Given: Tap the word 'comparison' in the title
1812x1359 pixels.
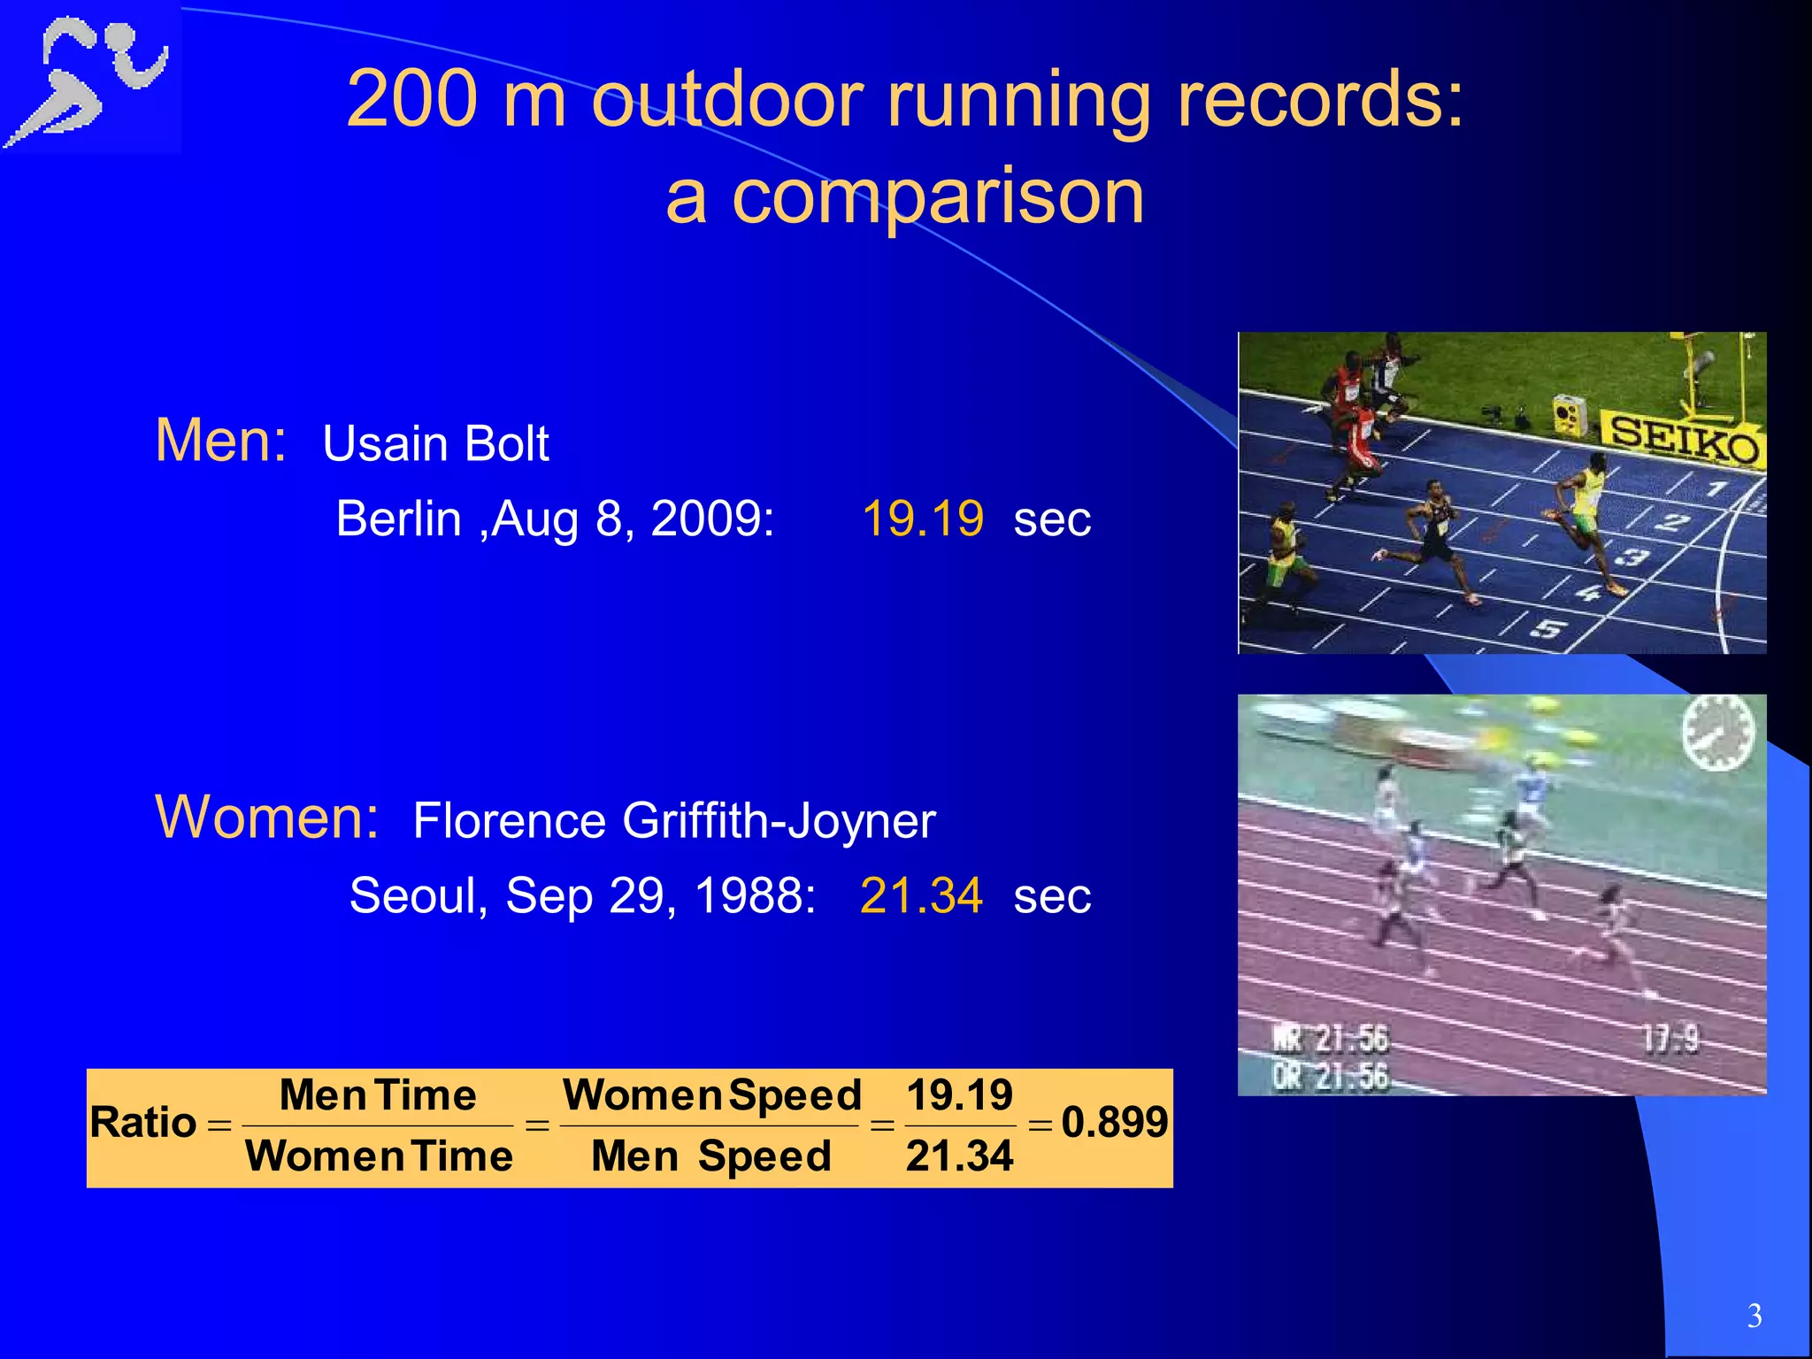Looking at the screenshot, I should (938, 196).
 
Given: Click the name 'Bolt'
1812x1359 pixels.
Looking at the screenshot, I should (505, 443).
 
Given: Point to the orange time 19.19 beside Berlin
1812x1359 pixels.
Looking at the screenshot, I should (922, 518).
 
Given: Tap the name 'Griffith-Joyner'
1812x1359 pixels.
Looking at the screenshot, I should (779, 820).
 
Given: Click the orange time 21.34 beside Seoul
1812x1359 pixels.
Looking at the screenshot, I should (921, 894).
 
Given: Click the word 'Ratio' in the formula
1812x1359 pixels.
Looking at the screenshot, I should (142, 1123).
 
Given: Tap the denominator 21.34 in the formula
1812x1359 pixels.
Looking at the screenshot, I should (959, 1156).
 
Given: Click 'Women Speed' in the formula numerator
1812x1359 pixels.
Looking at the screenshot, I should (711, 1095).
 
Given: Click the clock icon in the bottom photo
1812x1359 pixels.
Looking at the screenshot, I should (1717, 733).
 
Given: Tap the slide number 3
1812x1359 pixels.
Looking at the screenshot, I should (1754, 1316).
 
